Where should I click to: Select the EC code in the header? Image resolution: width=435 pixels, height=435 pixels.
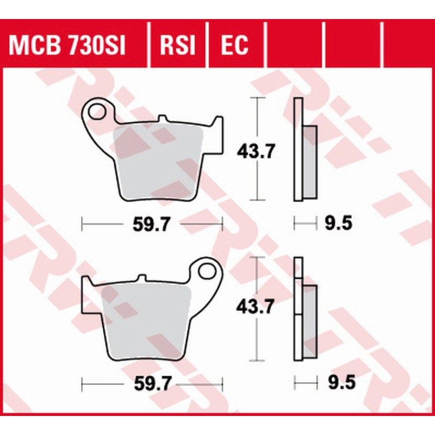[x=234, y=46]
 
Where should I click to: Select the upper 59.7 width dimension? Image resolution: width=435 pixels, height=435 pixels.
[x=151, y=223]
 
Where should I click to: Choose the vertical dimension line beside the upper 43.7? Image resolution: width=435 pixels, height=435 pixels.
[x=257, y=179]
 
